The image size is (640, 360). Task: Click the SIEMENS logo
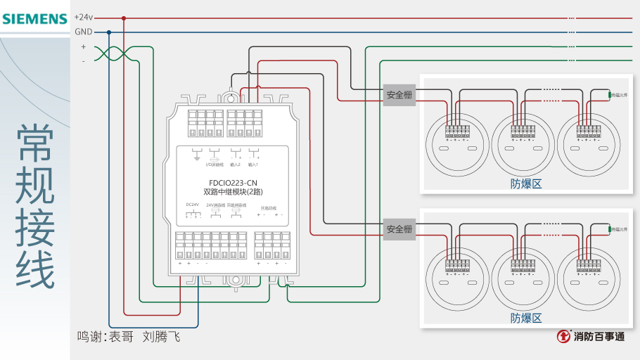[34, 18]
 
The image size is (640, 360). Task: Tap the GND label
[83, 32]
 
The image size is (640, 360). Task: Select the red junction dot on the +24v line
[124, 18]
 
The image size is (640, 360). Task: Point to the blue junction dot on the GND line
[109, 32]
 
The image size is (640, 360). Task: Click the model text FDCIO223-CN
[233, 183]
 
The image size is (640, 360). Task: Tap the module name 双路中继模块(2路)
[233, 192]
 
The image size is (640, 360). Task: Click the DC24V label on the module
[192, 205]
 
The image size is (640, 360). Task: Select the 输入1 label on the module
[253, 165]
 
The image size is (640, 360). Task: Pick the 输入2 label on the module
[235, 165]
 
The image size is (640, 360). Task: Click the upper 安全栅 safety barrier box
[399, 95]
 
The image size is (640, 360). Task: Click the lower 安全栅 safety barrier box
[399, 229]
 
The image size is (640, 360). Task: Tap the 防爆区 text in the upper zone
[526, 184]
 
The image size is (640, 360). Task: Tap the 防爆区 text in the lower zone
[526, 318]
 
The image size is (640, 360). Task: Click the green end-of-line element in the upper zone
[609, 94]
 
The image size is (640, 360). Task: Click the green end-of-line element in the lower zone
[609, 229]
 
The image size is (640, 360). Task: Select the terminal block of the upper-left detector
[457, 131]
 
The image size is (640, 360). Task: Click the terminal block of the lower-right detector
[588, 265]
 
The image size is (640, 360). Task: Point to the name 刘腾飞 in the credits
[161, 337]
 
